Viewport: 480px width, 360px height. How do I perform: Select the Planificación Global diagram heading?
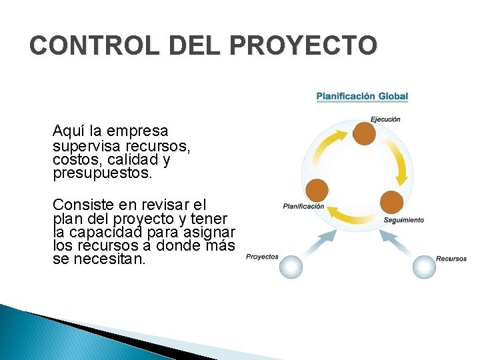tap(362, 97)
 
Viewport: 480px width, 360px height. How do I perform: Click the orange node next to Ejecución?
tap(364, 134)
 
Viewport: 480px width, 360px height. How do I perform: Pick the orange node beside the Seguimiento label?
tap(391, 203)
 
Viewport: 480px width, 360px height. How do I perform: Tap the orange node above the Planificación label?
tap(317, 191)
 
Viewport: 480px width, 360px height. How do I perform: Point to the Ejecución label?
tap(385, 119)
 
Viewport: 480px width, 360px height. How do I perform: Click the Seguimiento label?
tap(403, 220)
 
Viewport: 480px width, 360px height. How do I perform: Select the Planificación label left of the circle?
tap(303, 207)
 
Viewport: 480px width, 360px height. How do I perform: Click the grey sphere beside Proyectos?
tap(291, 267)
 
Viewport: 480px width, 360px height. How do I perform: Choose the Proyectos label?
tap(262, 257)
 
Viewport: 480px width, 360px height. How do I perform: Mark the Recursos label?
tap(451, 259)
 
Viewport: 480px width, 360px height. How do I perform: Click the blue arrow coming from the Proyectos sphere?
tap(317, 243)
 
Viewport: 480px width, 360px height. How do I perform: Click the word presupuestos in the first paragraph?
tap(103, 175)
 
